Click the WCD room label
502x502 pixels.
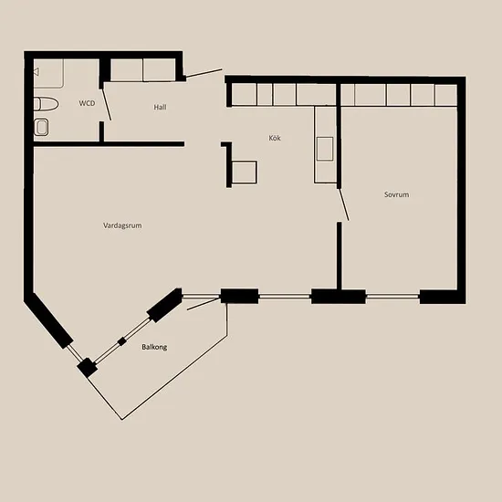click(87, 103)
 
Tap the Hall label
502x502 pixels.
click(160, 107)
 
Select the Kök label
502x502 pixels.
click(275, 138)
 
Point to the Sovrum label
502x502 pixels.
click(396, 194)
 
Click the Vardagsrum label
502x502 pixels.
click(122, 225)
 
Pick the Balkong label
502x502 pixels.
click(154, 347)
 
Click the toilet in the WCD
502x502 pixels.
click(46, 104)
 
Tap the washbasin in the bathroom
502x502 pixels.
click(41, 127)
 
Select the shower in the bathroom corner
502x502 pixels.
click(48, 73)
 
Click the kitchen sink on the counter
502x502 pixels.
click(325, 149)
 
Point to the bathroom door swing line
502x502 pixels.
click(107, 105)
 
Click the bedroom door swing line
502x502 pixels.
click(344, 204)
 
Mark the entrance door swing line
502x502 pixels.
click(204, 73)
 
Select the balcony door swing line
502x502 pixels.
click(204, 304)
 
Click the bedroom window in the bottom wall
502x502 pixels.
click(392, 297)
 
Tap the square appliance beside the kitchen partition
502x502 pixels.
click(245, 173)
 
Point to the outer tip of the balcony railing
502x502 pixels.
click(122, 420)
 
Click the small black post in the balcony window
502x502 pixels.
click(121, 341)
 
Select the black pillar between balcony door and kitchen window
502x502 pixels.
click(239, 296)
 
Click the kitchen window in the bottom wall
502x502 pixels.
click(285, 297)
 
